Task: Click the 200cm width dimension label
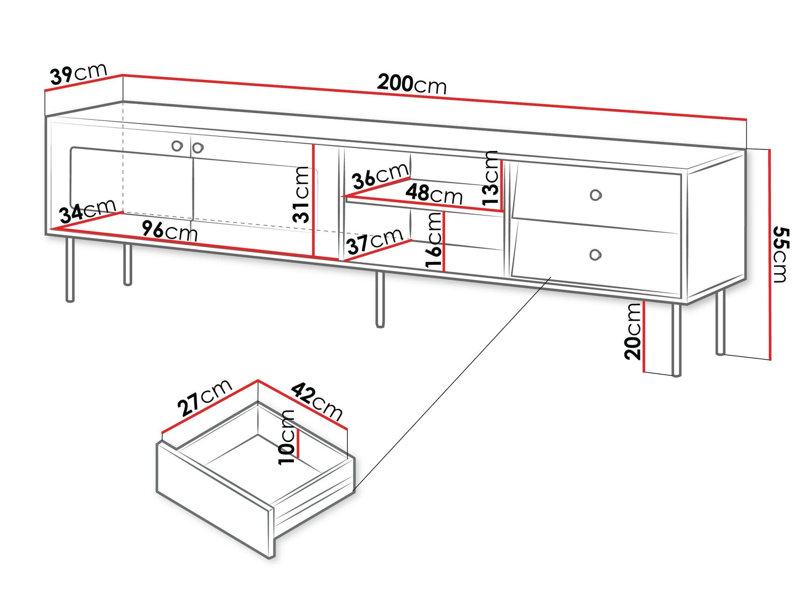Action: [412, 84]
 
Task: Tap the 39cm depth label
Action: [79, 74]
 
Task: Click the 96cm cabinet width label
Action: [169, 231]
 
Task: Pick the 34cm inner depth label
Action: [88, 210]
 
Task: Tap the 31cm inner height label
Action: [301, 194]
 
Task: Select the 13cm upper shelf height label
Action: [490, 177]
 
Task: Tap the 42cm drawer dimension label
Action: [317, 401]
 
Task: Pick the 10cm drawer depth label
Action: [287, 437]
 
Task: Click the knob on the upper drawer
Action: [596, 195]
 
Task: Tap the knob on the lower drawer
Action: [595, 255]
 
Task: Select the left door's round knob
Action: [177, 146]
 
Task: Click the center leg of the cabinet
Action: [380, 299]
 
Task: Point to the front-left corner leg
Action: [70, 269]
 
